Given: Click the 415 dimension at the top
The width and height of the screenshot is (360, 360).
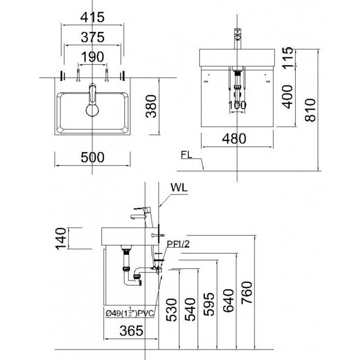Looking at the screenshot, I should pyautogui.click(x=92, y=18).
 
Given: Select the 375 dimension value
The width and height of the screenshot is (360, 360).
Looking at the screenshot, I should pyautogui.click(x=92, y=38).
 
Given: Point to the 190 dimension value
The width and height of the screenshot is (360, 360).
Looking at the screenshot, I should pyautogui.click(x=92, y=57).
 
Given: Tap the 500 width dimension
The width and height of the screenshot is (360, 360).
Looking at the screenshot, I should pyautogui.click(x=92, y=158).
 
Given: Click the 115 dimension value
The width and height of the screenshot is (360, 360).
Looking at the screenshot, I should pyautogui.click(x=288, y=57).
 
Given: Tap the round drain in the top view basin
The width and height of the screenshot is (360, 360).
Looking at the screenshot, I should pyautogui.click(x=92, y=109).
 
